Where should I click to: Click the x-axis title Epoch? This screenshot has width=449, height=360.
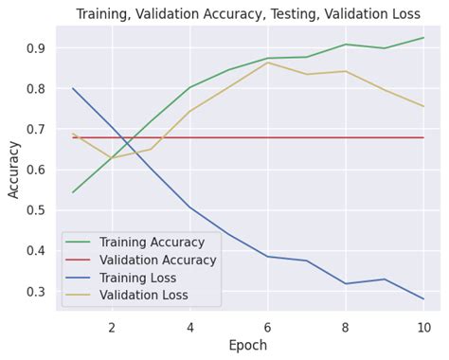click(248, 347)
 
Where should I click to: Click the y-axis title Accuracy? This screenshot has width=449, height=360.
click(13, 169)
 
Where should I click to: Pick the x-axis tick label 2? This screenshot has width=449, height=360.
click(112, 327)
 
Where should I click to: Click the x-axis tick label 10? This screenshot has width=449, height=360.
click(423, 327)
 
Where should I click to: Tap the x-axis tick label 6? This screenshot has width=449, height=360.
click(268, 327)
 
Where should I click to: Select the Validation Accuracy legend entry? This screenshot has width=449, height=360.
click(142, 261)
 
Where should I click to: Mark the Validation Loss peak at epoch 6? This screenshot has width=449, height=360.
click(268, 63)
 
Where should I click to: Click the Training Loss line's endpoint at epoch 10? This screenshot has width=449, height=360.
click(423, 298)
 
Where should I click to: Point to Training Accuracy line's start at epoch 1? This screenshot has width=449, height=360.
click(73, 192)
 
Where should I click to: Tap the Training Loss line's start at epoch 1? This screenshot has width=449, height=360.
click(73, 88)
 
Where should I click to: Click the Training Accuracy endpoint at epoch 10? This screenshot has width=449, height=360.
click(423, 38)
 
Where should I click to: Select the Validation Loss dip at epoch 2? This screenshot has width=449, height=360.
click(112, 158)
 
